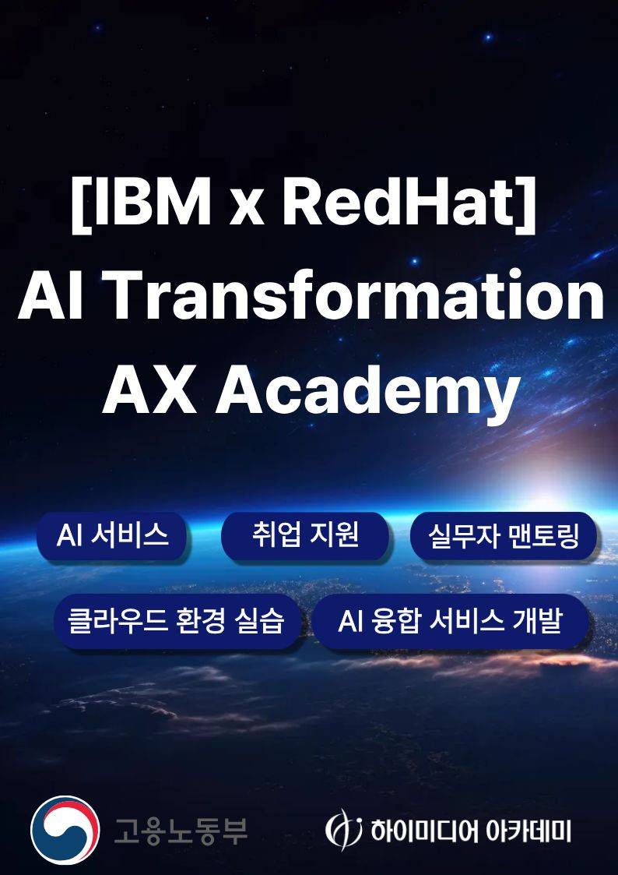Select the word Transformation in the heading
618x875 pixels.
355,296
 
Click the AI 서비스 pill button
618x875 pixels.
112,535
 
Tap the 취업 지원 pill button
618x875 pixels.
305,535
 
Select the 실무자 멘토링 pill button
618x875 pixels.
504,536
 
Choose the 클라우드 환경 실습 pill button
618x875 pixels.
176,622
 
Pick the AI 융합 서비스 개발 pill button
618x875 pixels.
450,622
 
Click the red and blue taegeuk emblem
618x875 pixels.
65,830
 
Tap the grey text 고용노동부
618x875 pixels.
181,830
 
